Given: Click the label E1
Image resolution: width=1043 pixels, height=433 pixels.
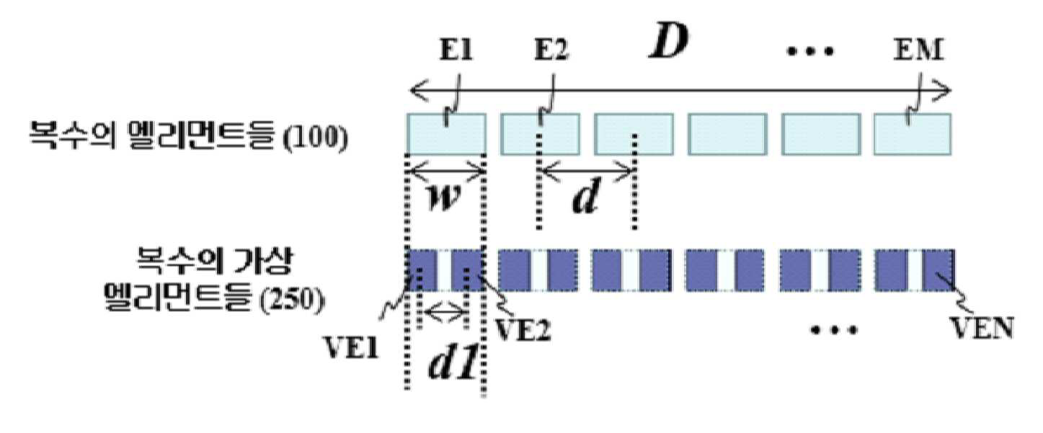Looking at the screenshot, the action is click(456, 50).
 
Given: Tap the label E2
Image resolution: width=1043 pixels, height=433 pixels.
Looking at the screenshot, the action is click(551, 50).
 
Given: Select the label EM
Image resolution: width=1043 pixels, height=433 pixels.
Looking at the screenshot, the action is click(918, 50).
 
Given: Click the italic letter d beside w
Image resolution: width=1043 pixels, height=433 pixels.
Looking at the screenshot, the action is click(585, 195).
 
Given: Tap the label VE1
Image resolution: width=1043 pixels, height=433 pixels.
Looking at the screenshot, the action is click(351, 347).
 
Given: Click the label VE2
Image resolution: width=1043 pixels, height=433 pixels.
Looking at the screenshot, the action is click(522, 330).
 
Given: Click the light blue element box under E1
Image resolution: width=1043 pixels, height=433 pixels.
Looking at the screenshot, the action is click(446, 134).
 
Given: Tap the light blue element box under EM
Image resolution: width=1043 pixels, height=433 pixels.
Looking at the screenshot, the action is click(913, 134).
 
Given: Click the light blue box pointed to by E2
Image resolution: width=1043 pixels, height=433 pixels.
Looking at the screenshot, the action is click(540, 134).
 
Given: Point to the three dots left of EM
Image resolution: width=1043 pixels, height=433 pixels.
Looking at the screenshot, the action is click(809, 51).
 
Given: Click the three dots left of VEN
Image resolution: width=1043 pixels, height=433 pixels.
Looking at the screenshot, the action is click(834, 330).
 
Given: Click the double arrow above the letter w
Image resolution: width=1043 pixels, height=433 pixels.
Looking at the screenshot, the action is click(446, 171).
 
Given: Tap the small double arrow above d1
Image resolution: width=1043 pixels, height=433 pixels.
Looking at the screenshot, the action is click(444, 313).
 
